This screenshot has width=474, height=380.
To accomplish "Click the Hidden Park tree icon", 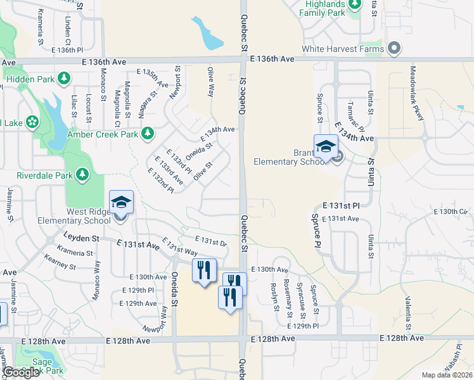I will (x=63, y=78).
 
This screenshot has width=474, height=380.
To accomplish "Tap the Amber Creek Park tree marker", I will (x=148, y=134).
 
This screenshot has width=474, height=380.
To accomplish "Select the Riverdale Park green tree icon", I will (x=82, y=174).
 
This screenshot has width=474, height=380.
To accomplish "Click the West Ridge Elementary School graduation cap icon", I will (x=121, y=203).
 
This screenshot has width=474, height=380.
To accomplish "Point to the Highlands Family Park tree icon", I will (x=355, y=6).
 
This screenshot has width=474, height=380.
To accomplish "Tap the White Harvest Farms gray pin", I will (x=394, y=48).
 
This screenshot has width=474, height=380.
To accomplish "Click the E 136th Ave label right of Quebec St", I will (x=272, y=58).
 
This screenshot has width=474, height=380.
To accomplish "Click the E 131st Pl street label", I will (x=340, y=206).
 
